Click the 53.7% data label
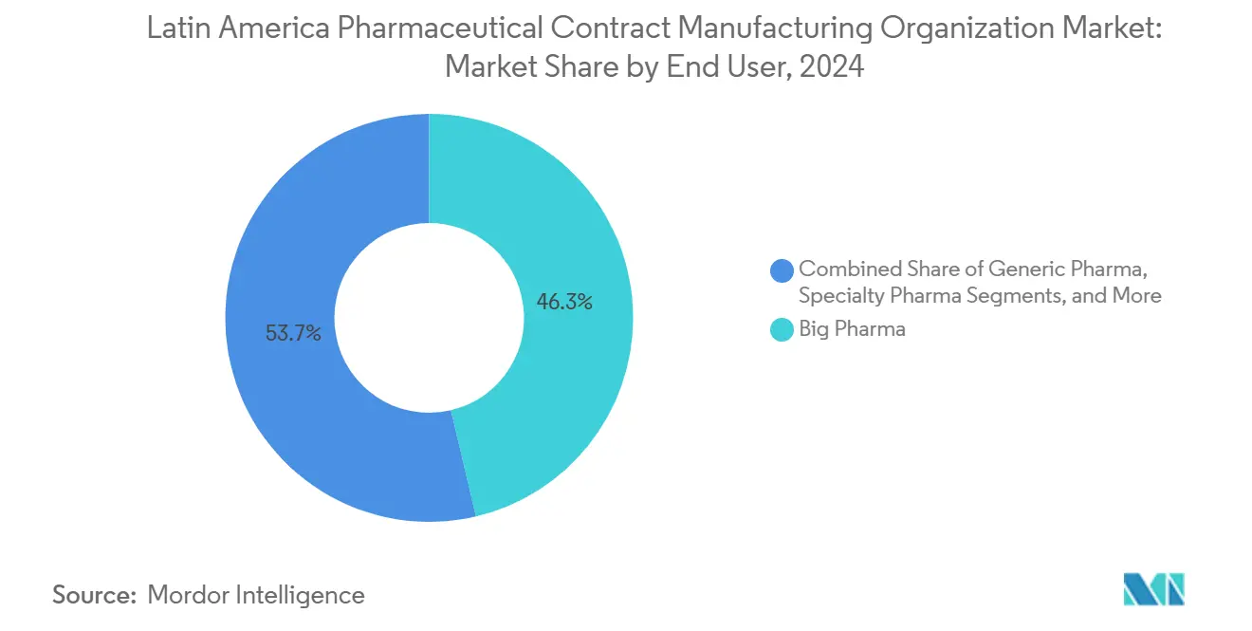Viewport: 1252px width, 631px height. coord(293,333)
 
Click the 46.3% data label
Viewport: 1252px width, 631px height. coord(564,303)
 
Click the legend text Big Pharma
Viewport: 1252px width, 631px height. coord(852,329)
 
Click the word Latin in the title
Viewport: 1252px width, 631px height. coord(175,29)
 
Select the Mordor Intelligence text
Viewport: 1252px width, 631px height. coord(256,595)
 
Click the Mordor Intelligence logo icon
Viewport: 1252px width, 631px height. coord(1153,589)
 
